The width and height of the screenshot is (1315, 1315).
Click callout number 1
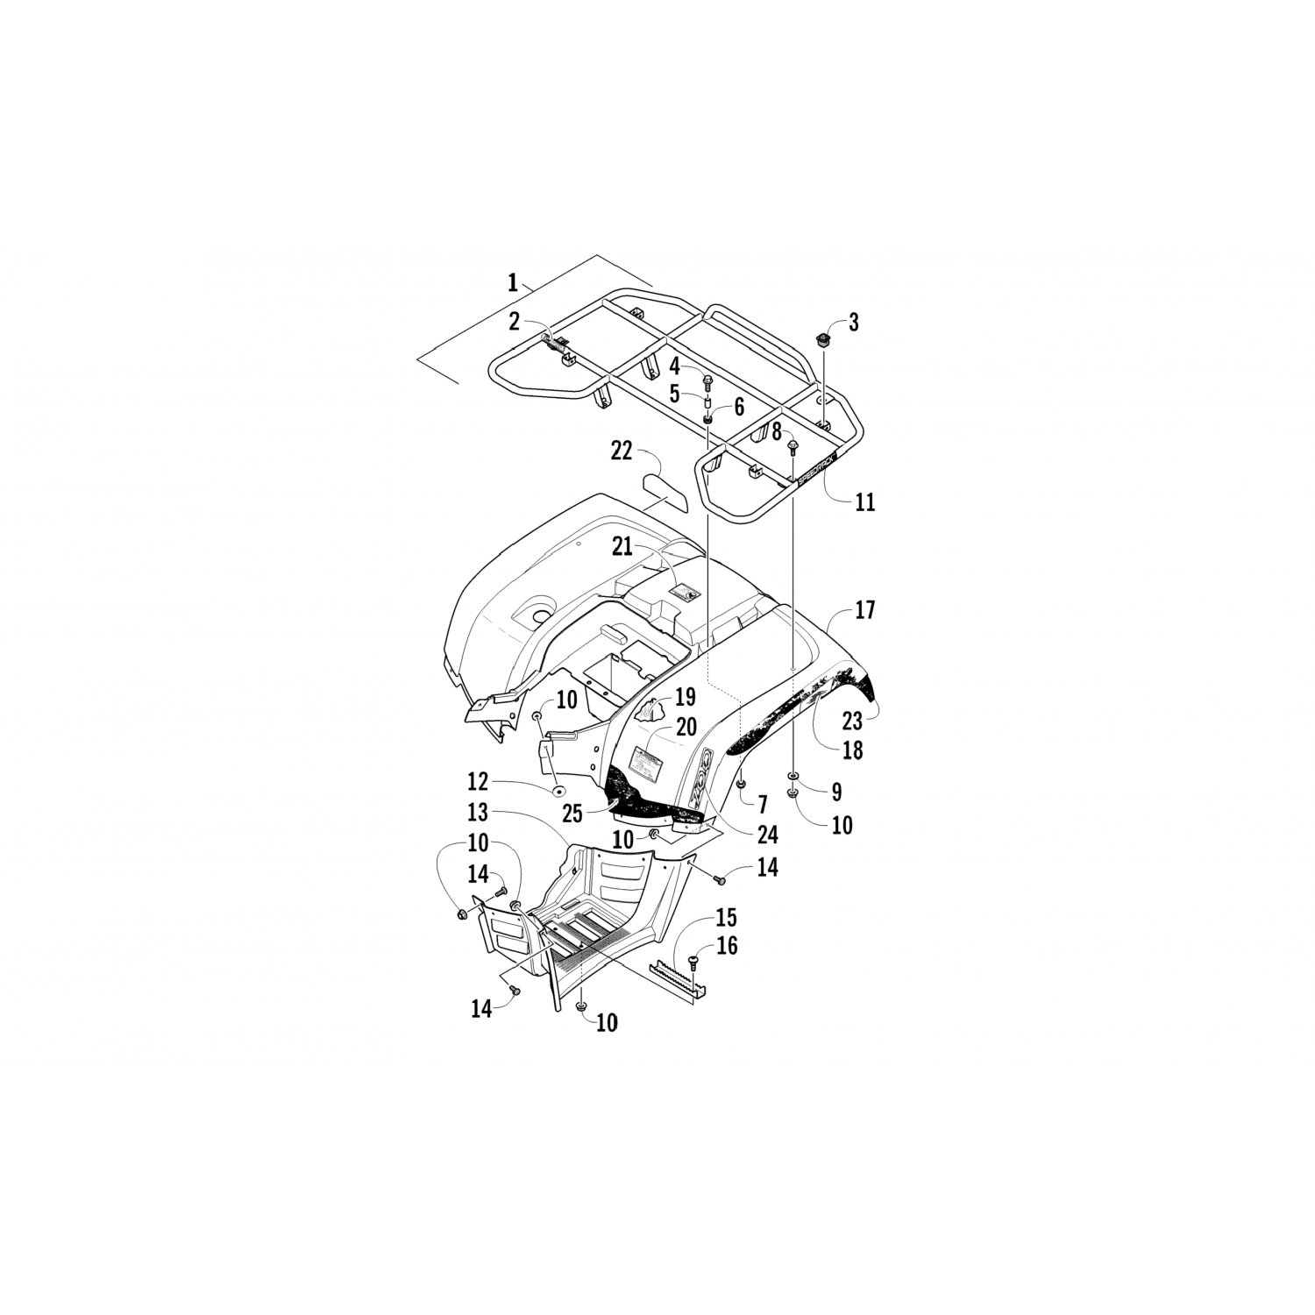point(512,282)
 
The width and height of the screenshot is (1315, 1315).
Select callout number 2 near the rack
point(515,322)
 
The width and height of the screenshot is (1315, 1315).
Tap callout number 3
point(853,322)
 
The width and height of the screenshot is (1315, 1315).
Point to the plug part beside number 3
point(823,340)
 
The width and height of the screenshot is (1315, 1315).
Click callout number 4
point(675,366)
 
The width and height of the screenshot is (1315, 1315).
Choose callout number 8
point(777,431)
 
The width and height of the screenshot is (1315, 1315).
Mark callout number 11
point(865,502)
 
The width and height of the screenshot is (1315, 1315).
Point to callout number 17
point(864,610)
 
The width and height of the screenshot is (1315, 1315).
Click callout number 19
point(685,697)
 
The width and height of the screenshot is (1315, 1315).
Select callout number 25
point(572,814)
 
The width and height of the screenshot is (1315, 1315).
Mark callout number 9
point(836,793)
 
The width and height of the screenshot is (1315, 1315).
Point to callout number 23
point(853,721)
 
